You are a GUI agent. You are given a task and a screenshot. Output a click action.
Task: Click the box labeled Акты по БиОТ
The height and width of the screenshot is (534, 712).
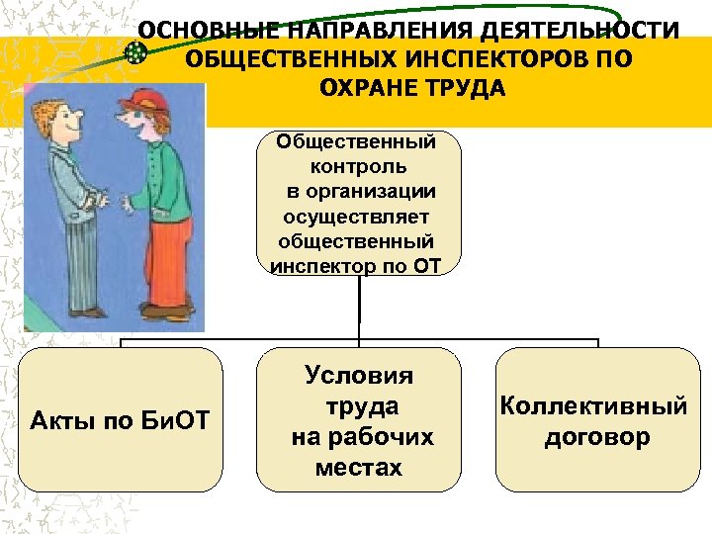[x=122, y=420]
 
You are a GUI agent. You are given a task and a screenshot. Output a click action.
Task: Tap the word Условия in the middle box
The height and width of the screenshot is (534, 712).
[x=359, y=376]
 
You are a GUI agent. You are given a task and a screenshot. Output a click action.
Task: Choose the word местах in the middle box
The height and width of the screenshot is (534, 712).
[x=359, y=468]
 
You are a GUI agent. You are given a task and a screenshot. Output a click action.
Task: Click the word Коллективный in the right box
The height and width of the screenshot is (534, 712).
[x=597, y=405]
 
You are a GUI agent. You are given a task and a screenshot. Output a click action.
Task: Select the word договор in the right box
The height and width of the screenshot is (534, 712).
[x=597, y=436]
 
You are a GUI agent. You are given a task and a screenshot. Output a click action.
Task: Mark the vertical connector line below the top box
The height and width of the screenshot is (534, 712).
[x=359, y=307]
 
